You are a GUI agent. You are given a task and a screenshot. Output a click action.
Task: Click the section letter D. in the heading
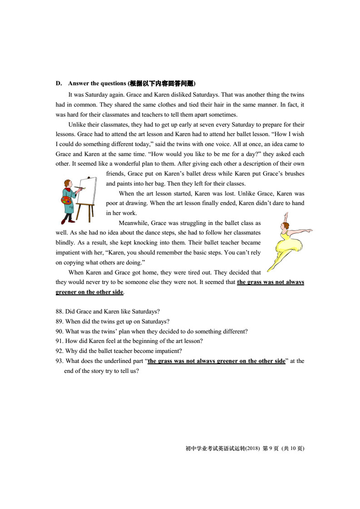59,83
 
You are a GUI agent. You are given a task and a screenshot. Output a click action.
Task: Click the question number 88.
60,311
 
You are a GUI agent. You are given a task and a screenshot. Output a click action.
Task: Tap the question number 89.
60,321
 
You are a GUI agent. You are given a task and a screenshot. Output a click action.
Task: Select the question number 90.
60,331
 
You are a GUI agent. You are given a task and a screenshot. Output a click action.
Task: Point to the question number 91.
60,341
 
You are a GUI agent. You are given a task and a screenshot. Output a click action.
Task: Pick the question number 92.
60,351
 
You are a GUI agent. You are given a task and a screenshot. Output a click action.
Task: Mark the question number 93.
60,361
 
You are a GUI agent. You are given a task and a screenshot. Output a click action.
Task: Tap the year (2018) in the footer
252,449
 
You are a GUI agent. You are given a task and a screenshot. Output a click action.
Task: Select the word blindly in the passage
65,243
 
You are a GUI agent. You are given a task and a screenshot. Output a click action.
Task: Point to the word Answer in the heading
78,83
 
